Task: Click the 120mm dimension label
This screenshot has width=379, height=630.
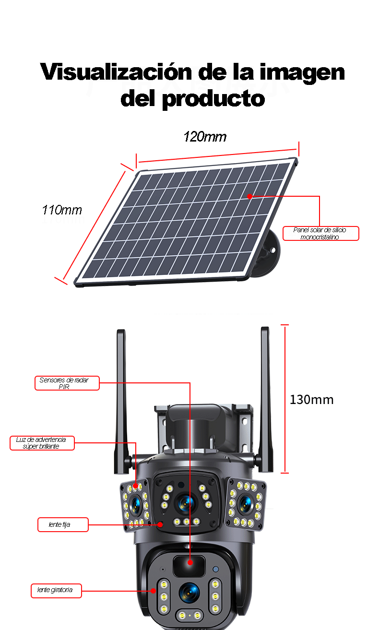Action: [x=205, y=137]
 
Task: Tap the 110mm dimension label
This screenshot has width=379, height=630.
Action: [x=62, y=210]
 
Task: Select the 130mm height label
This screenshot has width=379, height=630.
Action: [x=311, y=400]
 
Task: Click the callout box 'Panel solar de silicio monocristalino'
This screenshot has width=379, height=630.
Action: [x=320, y=233]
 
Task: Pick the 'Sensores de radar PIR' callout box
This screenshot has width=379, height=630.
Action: [x=67, y=383]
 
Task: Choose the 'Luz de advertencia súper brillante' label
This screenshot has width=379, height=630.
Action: [x=42, y=443]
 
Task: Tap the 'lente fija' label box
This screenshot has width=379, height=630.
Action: [x=63, y=524]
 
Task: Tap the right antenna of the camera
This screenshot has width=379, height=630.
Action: [x=265, y=398]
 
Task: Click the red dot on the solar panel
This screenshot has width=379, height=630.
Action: [x=249, y=196]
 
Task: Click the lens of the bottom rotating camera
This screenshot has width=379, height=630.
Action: [x=189, y=592]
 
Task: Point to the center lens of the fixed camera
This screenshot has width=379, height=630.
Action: [x=185, y=502]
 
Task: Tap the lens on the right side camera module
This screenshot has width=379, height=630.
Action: [x=246, y=502]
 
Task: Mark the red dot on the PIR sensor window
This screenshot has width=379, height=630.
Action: [x=190, y=562]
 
